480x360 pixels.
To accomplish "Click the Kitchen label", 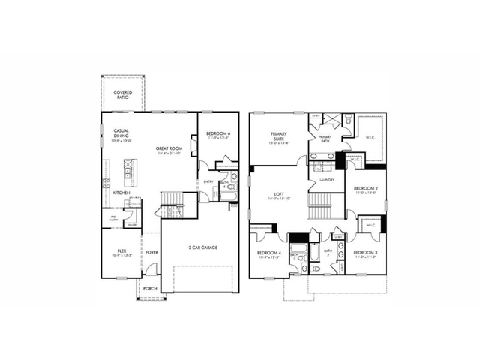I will [x=121, y=193].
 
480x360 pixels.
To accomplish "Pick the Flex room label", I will [x=121, y=252].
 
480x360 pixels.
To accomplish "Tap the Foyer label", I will [x=151, y=252].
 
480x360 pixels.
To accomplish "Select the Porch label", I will [x=150, y=288].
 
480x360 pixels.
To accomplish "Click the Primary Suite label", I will [x=280, y=136].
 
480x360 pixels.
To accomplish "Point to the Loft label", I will [x=278, y=197].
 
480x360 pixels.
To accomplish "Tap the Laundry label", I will [x=325, y=180].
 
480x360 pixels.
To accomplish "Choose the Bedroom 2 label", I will [x=365, y=190].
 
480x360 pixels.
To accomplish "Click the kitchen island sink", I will [x=128, y=172].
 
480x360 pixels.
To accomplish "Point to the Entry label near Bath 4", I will [x=206, y=181].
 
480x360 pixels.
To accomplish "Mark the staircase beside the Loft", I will [x=321, y=201].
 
